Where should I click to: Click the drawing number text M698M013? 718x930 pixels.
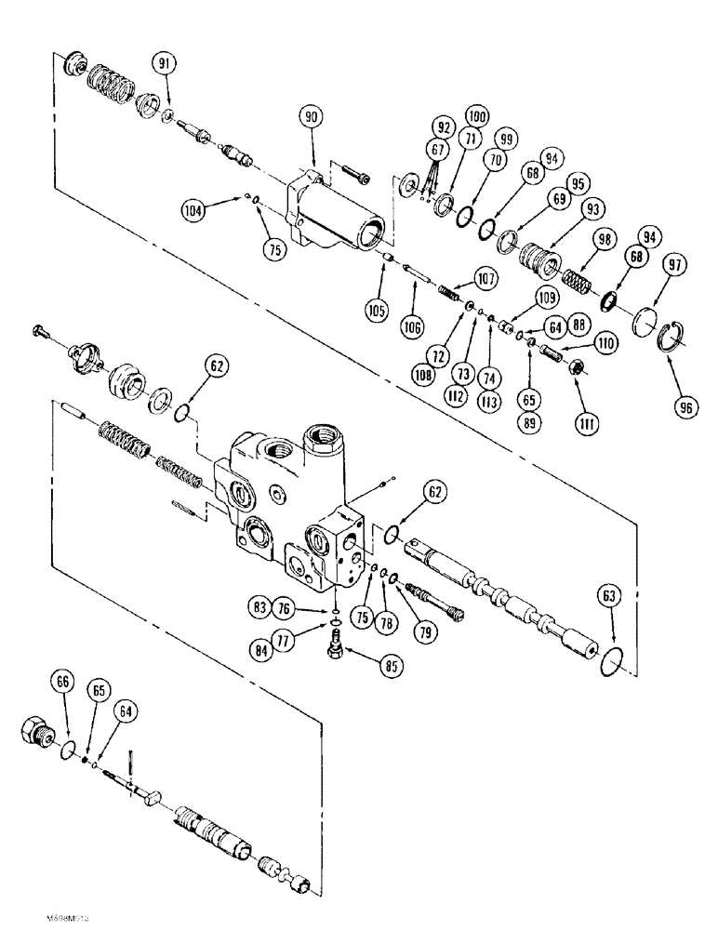click(x=64, y=917)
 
